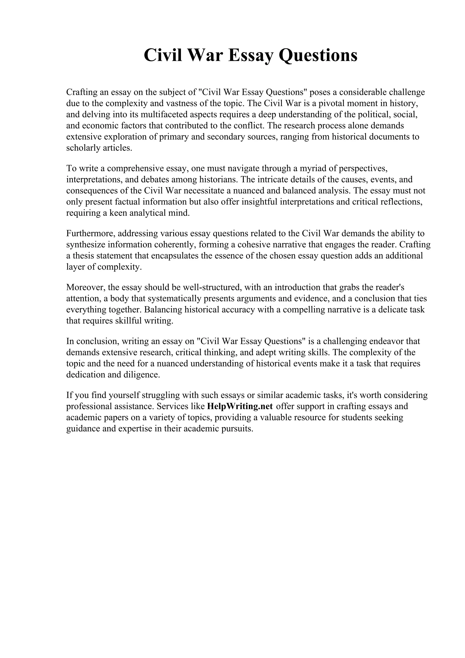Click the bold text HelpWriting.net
point(240,406)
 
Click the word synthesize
point(84,245)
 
